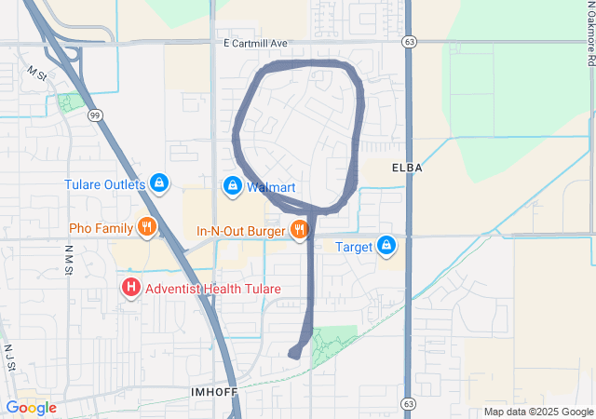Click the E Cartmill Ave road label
[256, 44]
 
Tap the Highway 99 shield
[95, 115]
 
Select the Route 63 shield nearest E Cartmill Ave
[409, 42]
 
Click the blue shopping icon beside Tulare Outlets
[159, 182]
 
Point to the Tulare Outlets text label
[105, 184]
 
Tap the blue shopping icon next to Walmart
[231, 186]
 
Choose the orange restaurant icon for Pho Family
[145, 226]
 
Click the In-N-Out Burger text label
[241, 230]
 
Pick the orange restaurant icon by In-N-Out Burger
[299, 229]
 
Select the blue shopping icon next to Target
[386, 246]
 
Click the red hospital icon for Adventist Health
[131, 289]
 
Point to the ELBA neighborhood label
[408, 168]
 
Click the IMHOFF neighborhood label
[213, 392]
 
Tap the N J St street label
[11, 359]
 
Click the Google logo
[31, 408]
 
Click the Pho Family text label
[101, 228]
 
